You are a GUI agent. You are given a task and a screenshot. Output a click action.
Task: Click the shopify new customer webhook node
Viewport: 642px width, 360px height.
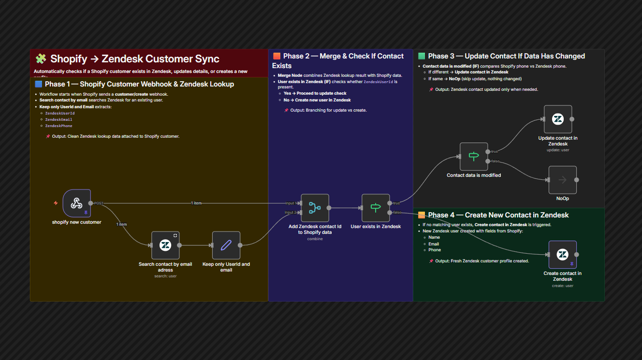pos(76,203)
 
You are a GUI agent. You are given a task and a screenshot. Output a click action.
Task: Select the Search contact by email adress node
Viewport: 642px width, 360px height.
pos(165,245)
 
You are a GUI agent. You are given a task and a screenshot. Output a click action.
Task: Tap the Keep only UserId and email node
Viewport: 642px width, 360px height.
pos(226,245)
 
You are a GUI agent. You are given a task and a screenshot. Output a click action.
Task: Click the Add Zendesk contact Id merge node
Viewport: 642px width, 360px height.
pos(315,208)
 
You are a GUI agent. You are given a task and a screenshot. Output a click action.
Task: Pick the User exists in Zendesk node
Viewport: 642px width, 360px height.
pos(376,208)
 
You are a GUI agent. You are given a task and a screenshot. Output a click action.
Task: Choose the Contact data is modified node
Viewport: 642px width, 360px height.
pos(473,157)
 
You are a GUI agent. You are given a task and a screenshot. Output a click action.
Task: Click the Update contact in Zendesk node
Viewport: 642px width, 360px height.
pos(558,119)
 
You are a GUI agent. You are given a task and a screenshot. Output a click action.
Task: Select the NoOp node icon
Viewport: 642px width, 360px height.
pos(562,180)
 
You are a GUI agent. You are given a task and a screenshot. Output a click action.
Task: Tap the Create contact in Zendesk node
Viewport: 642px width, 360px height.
pos(562,255)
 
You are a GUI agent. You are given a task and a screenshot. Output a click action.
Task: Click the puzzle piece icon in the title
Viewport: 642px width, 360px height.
pos(41,59)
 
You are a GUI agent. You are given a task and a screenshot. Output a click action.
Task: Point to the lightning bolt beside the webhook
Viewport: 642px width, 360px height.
pos(56,203)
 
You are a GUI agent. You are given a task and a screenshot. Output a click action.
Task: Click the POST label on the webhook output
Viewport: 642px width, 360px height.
pos(99,203)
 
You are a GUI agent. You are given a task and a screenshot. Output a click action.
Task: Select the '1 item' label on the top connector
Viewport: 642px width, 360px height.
pos(196,203)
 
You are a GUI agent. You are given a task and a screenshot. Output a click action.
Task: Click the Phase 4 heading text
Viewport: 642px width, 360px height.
pos(498,215)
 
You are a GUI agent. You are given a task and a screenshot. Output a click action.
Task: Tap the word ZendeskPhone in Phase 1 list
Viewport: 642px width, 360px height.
pos(58,126)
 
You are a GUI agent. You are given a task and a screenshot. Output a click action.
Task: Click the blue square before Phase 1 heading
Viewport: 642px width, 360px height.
pos(39,84)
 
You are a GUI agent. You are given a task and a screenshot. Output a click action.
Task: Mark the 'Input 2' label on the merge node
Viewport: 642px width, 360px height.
pos(290,212)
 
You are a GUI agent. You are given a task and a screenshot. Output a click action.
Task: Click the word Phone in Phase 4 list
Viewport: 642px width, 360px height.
pos(434,250)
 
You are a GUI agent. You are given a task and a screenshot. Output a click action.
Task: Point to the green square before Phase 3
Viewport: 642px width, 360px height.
pos(422,56)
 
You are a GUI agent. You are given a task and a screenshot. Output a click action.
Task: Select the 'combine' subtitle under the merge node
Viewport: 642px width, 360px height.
pos(315,239)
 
